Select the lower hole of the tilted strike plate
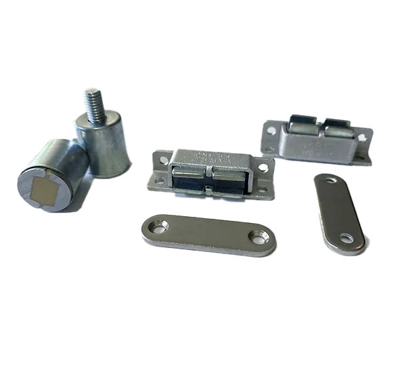click(346, 238)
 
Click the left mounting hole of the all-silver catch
click(271, 127)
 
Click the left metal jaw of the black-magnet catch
click(191, 178)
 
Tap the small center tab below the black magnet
click(211, 195)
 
